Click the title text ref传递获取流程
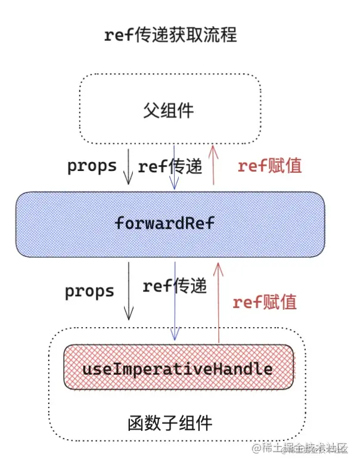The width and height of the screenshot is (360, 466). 170,35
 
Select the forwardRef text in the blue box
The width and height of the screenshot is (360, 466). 164,224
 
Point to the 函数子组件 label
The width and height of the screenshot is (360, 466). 170,423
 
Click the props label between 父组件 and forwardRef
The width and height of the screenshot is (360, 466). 92,166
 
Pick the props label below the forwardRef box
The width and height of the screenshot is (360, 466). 89,291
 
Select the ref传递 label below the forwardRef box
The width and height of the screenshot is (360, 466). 175,286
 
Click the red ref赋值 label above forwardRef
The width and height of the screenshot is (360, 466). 269,166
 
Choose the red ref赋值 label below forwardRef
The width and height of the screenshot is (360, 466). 265,302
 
